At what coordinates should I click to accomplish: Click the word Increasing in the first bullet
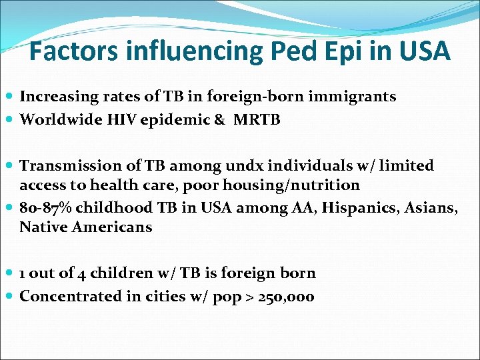coord(56,97)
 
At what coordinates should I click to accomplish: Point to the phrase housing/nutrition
coord(303,185)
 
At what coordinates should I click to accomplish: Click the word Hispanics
coord(350,208)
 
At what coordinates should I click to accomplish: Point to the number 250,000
coord(289,297)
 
